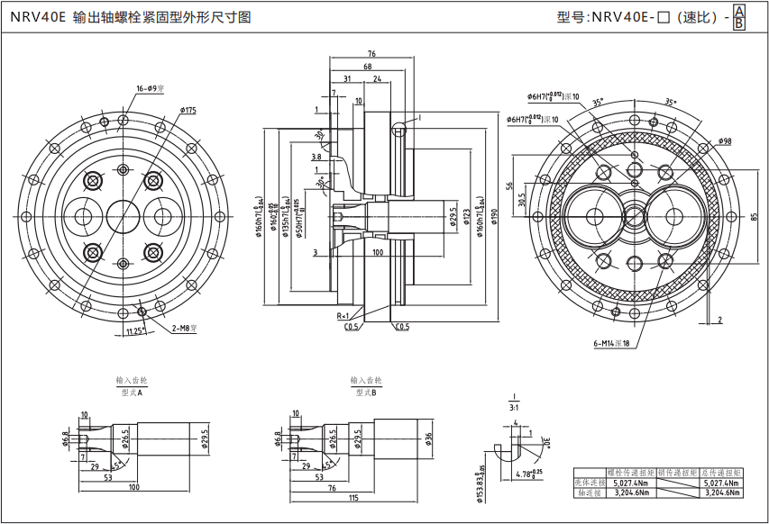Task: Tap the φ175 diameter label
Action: pyautogui.click(x=188, y=110)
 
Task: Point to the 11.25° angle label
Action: pyautogui.click(x=135, y=330)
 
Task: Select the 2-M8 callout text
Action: pyautogui.click(x=184, y=329)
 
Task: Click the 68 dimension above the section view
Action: pyautogui.click(x=368, y=68)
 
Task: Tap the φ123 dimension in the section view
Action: pyautogui.click(x=466, y=216)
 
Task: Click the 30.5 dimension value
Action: pyautogui.click(x=522, y=200)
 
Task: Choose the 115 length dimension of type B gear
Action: pyautogui.click(x=352, y=498)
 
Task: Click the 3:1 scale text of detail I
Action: pyautogui.click(x=512, y=407)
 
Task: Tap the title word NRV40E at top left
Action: pyautogui.click(x=39, y=17)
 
